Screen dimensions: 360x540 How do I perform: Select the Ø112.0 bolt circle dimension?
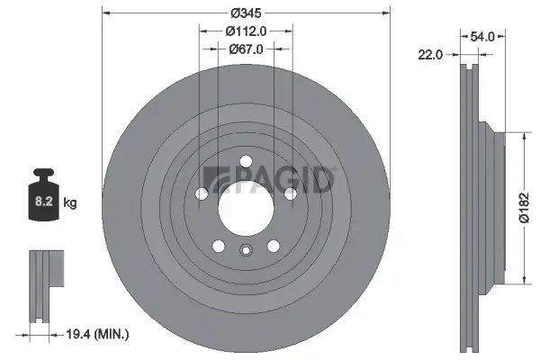click(246, 31)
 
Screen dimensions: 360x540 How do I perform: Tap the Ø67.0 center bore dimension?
click(246, 49)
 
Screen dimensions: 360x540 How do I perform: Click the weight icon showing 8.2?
click(42, 201)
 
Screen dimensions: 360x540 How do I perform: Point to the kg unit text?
click(70, 204)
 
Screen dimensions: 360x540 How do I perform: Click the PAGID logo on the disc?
click(270, 180)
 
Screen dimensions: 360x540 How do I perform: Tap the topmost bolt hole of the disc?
click(246, 163)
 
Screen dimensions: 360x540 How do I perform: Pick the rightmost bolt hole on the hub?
click(290, 193)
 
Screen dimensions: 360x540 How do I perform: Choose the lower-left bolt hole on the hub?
click(219, 246)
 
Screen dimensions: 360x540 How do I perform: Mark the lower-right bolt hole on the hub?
click(274, 246)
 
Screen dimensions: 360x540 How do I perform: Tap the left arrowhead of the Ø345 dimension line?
click(107, 14)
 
